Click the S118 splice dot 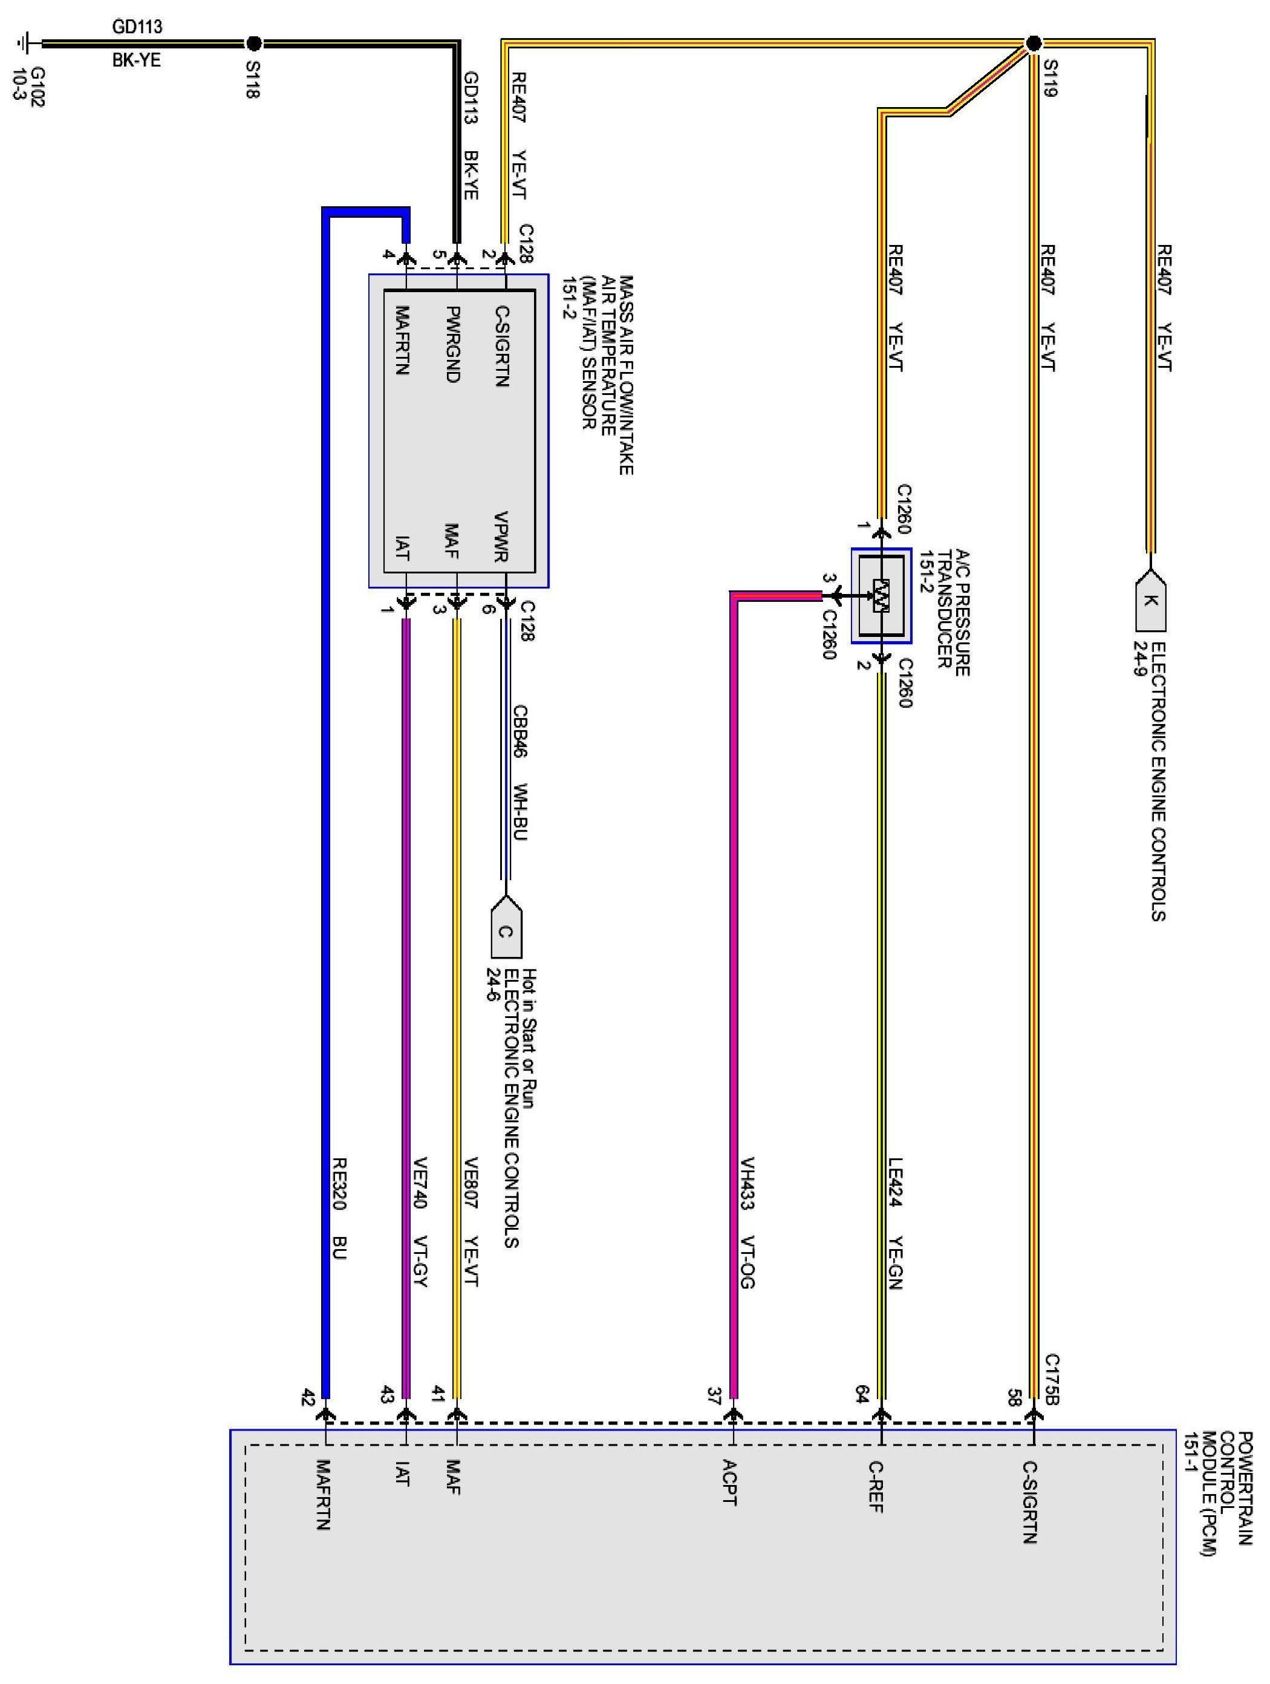click(254, 44)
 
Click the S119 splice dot click(1032, 44)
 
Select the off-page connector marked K click(1150, 601)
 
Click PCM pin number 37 click(714, 1396)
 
